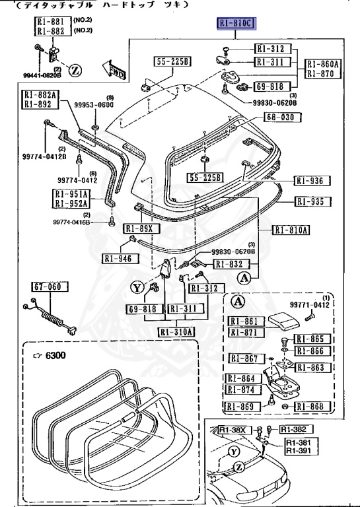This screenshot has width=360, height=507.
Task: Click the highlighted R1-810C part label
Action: click(x=236, y=24)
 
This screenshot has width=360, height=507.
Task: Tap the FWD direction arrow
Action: click(x=113, y=69)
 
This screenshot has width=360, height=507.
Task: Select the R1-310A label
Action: click(x=176, y=331)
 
